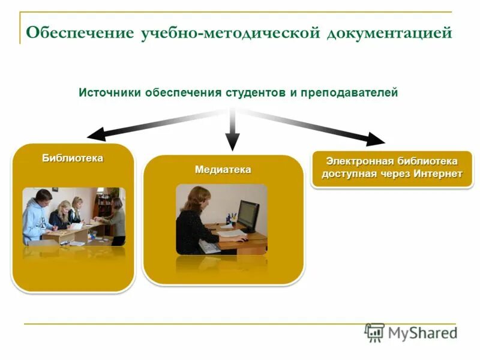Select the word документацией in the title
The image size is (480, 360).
pos(389,32)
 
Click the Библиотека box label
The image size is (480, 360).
pos(73,158)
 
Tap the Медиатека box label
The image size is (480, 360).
pos(223,170)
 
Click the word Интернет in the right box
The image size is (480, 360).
pos(437,174)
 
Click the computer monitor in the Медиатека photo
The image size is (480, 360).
pos(248,214)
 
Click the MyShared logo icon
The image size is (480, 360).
pos(374,332)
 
